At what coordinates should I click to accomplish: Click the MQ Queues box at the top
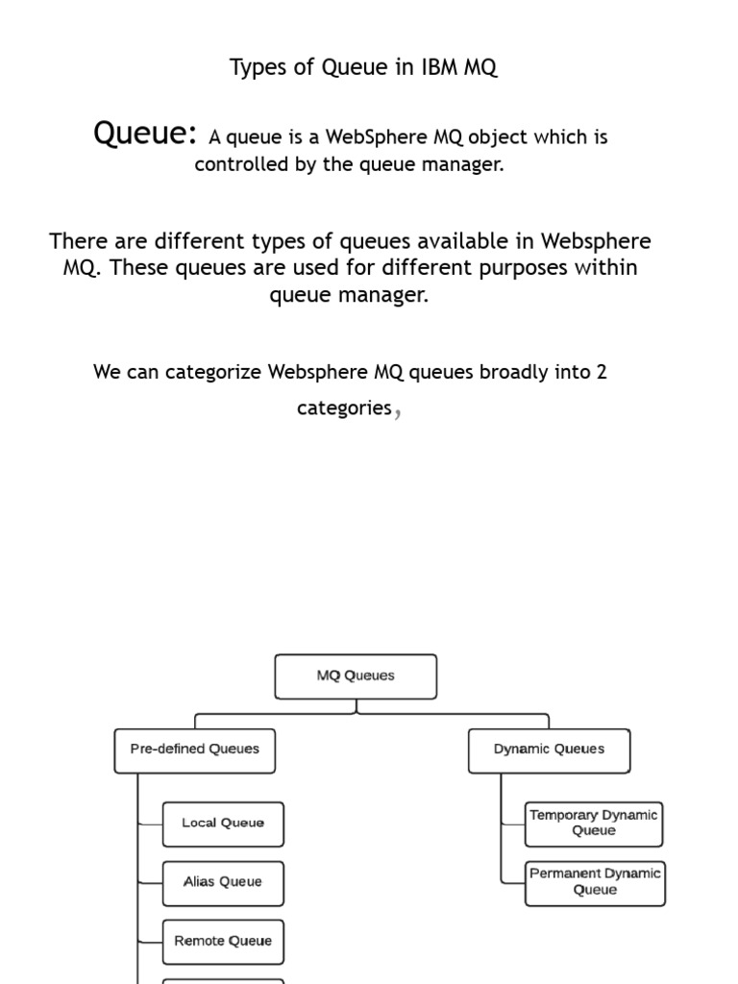click(356, 676)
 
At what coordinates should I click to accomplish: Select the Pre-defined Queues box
click(194, 750)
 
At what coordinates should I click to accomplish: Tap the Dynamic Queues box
click(549, 750)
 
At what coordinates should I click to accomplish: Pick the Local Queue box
click(223, 824)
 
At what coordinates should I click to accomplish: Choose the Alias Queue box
click(223, 882)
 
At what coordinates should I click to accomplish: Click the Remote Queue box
click(223, 942)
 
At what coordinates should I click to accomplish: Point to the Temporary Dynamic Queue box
click(594, 824)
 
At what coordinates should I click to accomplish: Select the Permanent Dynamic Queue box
click(595, 882)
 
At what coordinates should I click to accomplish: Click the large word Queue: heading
click(145, 134)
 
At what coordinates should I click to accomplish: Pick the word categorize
click(213, 372)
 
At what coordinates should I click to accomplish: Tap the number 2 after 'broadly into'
click(602, 372)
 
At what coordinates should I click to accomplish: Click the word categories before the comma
click(344, 408)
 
